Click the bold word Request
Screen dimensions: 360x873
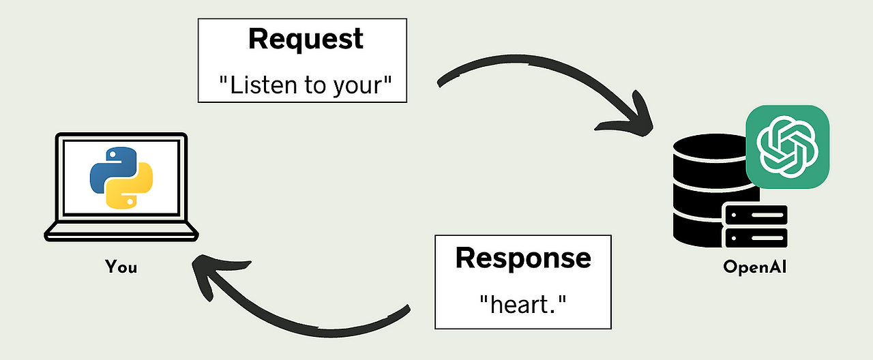pos(306,40)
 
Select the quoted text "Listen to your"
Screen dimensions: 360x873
pos(306,85)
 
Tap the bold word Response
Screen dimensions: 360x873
pos(523,258)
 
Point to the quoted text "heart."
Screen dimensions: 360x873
pos(523,303)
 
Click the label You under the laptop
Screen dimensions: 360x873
pos(121,267)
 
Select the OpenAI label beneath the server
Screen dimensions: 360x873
pos(755,267)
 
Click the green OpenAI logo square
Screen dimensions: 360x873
pos(788,146)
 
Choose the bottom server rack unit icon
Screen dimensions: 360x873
pos(756,238)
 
